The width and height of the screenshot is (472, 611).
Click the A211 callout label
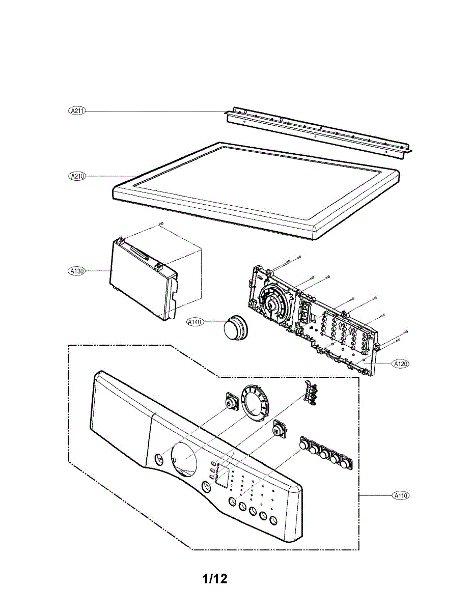[x=77, y=110]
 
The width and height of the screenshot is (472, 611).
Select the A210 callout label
[x=77, y=176]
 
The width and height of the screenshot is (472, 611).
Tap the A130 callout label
[x=77, y=271]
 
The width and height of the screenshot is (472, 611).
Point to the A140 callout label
[x=195, y=322]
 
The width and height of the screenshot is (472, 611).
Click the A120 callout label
[x=401, y=364]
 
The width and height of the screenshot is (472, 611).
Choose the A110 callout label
[x=401, y=494]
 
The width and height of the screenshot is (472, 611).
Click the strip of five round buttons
[x=326, y=453]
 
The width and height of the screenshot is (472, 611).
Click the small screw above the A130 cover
[x=161, y=223]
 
